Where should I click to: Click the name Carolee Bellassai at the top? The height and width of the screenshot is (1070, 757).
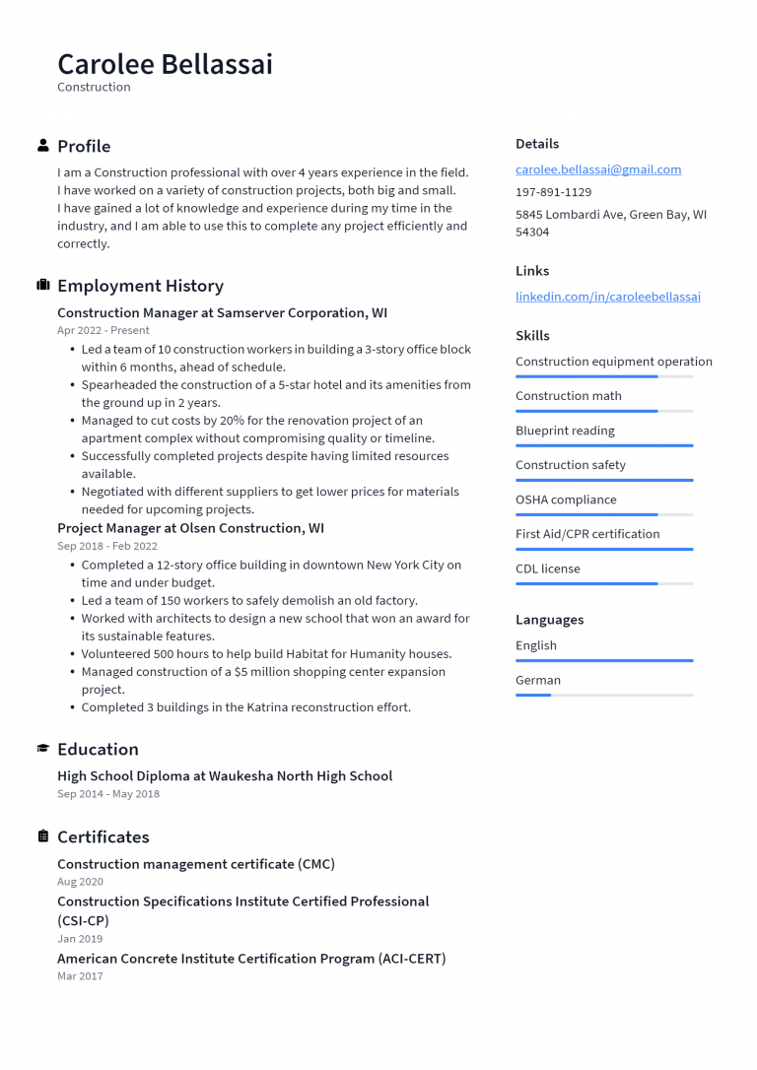[165, 64]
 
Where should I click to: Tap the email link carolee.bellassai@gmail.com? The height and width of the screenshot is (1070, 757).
[597, 169]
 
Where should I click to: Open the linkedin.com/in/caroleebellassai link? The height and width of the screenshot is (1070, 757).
[607, 297]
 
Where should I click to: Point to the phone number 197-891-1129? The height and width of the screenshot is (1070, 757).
[553, 192]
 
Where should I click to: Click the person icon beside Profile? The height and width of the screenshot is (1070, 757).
[43, 146]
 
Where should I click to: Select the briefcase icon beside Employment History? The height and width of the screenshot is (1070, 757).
[43, 286]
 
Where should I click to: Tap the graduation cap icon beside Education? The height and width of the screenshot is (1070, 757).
[43, 749]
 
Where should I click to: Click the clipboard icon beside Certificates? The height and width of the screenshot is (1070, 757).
[43, 836]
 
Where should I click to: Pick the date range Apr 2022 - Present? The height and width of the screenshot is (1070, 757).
[103, 331]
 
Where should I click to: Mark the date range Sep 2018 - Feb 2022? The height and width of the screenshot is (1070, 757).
[107, 546]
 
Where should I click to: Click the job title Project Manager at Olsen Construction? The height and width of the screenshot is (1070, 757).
[190, 528]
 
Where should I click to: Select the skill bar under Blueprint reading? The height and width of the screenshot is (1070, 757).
[603, 445]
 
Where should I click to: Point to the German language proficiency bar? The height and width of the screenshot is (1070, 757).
[603, 695]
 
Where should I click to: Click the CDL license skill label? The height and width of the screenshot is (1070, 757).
[547, 568]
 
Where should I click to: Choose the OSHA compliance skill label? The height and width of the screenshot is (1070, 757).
[566, 500]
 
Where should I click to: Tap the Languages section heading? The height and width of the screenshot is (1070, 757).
[549, 620]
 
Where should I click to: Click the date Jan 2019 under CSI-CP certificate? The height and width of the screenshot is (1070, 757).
[80, 939]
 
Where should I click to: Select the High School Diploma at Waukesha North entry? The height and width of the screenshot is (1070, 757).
[225, 776]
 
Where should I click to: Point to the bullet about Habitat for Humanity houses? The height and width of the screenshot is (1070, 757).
[266, 654]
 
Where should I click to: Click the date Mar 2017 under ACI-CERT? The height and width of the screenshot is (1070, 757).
[80, 976]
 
